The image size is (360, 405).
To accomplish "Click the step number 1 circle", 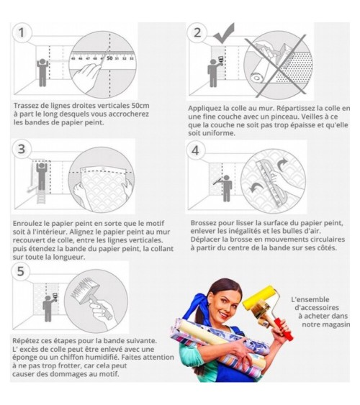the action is point(22,33).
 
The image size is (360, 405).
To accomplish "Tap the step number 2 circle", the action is point(197,32).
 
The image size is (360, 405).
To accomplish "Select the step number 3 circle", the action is point(22,149).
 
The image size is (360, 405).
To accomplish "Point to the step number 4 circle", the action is point(195,150).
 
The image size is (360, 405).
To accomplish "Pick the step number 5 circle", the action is point(21,271).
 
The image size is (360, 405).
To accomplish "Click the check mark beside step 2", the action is point(224,33).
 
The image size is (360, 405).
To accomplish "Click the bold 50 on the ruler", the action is point(110,58).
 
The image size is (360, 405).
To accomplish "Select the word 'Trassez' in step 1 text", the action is point(26,106).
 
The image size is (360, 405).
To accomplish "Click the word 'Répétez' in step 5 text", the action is point(24,341).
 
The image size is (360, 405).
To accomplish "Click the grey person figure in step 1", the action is point(42,73).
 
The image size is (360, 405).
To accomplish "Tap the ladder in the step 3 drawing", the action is point(41,197).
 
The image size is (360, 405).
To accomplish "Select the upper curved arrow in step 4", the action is point(282,165).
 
